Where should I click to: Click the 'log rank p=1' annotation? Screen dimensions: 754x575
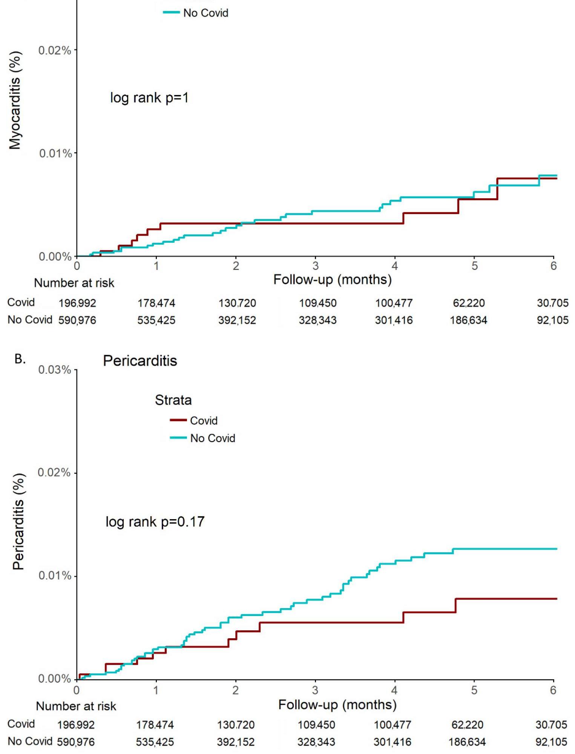click(x=149, y=98)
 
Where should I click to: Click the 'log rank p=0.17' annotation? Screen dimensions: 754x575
click(x=155, y=522)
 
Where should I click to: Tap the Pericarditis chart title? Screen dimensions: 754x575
click(x=140, y=361)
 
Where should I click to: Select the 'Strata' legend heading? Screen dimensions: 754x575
click(x=173, y=400)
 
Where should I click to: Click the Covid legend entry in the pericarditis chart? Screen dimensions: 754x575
click(x=203, y=421)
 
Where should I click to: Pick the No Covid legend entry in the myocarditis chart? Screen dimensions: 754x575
click(x=205, y=13)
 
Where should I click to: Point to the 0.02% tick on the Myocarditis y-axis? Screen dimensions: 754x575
click(x=55, y=50)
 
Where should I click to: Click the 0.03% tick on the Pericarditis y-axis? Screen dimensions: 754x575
click(x=55, y=370)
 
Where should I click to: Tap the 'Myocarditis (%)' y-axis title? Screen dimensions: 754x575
click(x=15, y=100)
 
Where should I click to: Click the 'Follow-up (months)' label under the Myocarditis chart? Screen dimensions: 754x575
click(x=333, y=280)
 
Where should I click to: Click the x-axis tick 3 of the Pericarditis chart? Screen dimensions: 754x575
click(x=315, y=690)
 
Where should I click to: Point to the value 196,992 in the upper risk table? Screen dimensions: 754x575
click(x=77, y=303)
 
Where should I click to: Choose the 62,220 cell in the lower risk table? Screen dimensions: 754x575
click(x=467, y=725)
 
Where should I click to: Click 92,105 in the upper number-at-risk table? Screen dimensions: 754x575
click(x=552, y=320)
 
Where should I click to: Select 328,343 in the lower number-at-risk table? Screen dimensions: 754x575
click(x=316, y=742)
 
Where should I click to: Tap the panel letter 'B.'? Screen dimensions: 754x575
click(x=20, y=359)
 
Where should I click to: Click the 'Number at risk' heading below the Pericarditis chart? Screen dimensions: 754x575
click(x=76, y=706)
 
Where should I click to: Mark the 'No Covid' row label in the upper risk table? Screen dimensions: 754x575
click(x=30, y=320)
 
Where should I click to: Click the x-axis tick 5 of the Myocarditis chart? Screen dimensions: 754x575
click(x=474, y=266)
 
